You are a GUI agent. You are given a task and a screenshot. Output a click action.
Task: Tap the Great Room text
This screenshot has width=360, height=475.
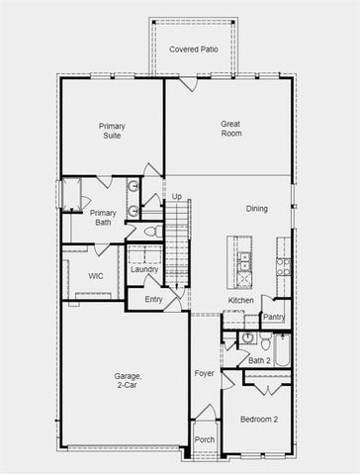coord(230,130)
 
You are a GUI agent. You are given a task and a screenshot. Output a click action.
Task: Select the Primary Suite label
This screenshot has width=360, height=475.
coord(111,132)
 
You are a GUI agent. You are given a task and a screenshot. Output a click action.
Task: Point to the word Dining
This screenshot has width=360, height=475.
coord(256,208)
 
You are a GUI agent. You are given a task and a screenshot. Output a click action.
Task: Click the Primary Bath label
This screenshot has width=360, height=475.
coord(103,218)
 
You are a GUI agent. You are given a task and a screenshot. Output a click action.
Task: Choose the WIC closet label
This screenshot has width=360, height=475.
coord(96,276)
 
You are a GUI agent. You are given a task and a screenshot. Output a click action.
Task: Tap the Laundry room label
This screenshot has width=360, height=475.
coord(144,269)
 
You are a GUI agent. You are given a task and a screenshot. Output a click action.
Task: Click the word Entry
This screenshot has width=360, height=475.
coord(153,299)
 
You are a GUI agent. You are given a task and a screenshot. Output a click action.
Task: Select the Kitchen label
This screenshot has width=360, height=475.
coord(241,300)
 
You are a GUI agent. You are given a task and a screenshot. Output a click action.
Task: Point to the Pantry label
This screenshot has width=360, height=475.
coord(274,318)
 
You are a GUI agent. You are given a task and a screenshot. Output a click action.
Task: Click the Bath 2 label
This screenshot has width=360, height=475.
coord(259,360)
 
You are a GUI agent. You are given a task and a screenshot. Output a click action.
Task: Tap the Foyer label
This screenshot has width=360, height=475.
coord(204,373)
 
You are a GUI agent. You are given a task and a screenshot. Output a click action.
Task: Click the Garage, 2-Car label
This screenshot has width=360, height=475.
coord(126,382)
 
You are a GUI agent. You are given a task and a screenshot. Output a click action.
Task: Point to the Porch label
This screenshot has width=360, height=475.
coord(204,439)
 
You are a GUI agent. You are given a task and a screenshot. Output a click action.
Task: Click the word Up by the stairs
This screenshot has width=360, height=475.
coord(177,197)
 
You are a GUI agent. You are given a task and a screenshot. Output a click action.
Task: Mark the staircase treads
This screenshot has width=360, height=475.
coord(176,247)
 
